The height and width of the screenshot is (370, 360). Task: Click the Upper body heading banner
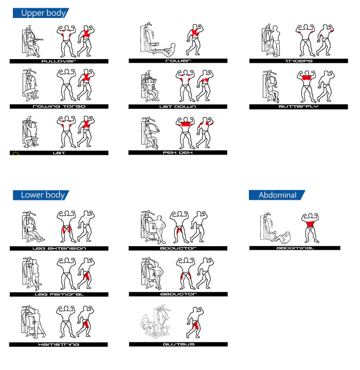41,13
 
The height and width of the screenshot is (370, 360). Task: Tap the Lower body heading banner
41,195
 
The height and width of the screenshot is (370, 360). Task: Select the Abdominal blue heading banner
277,195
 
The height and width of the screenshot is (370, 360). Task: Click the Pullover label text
59,61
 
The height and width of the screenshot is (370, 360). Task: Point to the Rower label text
178,61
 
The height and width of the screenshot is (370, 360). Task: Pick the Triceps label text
299,61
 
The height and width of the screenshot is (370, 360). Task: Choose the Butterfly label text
298,107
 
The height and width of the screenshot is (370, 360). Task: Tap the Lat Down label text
177,107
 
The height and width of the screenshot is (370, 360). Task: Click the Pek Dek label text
177,153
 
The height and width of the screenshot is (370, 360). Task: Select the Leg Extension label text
59,249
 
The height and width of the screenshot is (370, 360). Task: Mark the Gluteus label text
178,344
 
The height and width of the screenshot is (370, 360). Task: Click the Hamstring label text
59,344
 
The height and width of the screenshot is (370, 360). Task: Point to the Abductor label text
178,294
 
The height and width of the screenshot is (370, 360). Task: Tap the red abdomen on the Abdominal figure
310,224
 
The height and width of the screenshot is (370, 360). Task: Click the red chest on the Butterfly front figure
307,78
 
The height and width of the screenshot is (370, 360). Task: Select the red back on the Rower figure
195,33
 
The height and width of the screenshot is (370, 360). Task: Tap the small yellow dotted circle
15,155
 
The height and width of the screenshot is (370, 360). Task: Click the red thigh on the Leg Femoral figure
87,275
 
